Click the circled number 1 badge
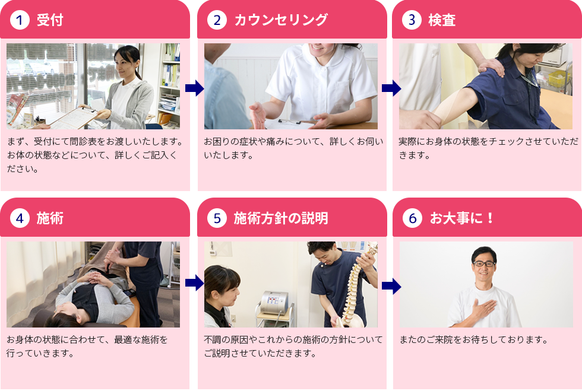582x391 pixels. [x=20, y=20]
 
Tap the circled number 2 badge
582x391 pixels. [x=217, y=20]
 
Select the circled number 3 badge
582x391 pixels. [x=412, y=20]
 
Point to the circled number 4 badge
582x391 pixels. [x=20, y=218]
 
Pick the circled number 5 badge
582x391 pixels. [x=217, y=218]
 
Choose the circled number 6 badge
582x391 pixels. [x=412, y=218]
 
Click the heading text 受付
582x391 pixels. [x=50, y=20]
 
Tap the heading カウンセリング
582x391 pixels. [x=280, y=20]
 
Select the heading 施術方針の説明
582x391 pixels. [x=280, y=218]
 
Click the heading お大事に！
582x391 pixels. [x=462, y=218]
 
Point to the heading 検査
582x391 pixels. [x=442, y=20]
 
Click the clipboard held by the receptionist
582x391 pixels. [x=70, y=117]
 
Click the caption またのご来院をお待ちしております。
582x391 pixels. [x=473, y=340]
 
